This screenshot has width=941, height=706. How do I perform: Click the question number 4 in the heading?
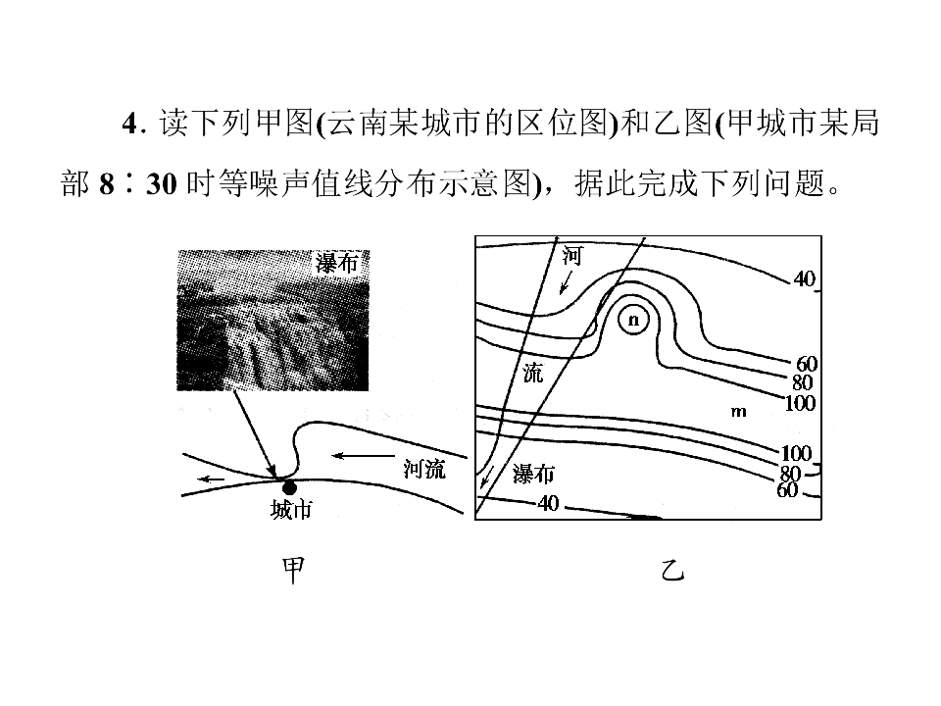tap(130, 124)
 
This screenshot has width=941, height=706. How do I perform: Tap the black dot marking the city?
tap(290, 487)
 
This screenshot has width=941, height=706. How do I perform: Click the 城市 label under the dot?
tap(291, 510)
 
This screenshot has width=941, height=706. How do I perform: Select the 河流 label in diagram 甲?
tap(424, 469)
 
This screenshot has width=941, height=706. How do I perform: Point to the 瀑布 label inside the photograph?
tap(336, 264)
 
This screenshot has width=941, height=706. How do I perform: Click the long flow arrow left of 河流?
tap(363, 456)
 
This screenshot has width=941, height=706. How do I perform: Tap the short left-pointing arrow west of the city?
tap(212, 479)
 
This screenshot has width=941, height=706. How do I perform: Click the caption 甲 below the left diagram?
tap(293, 570)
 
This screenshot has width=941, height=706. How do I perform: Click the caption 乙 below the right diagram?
tap(672, 570)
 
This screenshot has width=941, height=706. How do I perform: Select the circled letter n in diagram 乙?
tap(634, 320)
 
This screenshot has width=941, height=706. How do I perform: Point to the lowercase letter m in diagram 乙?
tap(739, 412)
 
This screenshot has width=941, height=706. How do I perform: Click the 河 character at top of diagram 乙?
tap(571, 256)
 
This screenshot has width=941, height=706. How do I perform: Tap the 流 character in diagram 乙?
tap(533, 373)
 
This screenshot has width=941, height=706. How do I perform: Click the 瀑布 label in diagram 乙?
tap(533, 475)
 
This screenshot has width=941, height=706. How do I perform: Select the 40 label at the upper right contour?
tap(804, 279)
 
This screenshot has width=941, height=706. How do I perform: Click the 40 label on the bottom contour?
tap(548, 503)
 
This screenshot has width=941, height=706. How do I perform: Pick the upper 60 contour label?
tap(807, 364)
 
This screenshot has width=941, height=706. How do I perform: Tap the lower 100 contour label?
tap(796, 453)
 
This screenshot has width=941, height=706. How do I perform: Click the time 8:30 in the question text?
tap(138, 183)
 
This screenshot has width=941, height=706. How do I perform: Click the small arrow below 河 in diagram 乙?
tap(566, 282)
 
